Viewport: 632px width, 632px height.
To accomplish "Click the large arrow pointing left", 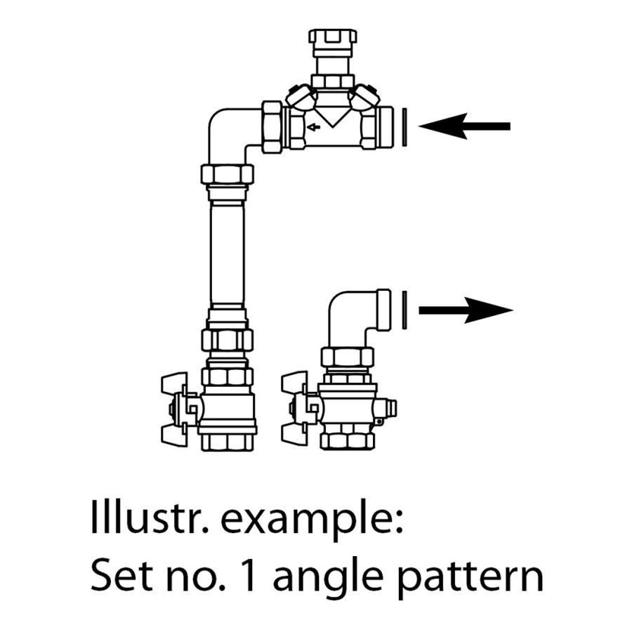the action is (x=464, y=126).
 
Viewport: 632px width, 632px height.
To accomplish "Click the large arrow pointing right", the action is (x=466, y=310).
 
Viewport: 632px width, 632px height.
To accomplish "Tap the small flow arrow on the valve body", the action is (x=313, y=127).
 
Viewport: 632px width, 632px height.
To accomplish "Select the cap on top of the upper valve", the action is (x=333, y=37).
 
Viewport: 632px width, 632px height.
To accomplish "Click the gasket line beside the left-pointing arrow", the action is (x=404, y=127).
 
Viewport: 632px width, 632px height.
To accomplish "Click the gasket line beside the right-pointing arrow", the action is (x=404, y=310).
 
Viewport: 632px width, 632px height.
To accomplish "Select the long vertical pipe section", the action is (x=228, y=254).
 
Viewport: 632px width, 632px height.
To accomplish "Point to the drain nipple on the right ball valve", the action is (x=387, y=407).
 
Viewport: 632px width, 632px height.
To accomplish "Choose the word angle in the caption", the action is (x=328, y=578).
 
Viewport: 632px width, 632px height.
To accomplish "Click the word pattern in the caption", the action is (x=470, y=578).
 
